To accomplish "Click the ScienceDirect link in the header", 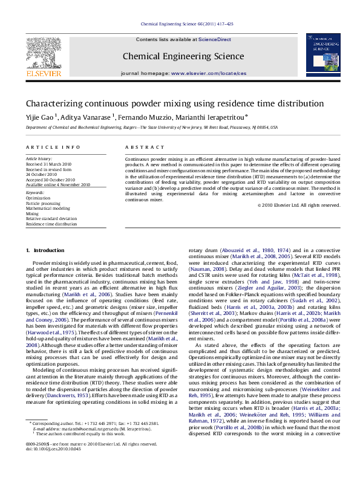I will click(215, 39).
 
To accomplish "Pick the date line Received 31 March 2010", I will click(49, 164).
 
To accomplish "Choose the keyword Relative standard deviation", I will click(51, 218).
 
